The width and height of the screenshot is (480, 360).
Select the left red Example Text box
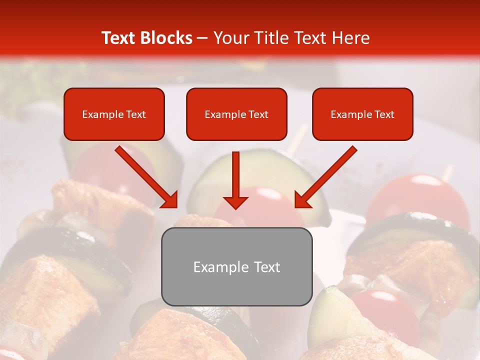pos(114,114)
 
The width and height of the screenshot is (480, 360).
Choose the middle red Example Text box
pos(236,114)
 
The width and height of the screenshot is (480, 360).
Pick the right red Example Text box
pos(362,114)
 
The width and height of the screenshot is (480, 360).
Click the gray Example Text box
pos(236,266)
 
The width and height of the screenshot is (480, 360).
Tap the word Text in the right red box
pos(384,114)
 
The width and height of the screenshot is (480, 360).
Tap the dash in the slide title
pos(202,38)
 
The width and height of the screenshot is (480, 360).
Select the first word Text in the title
pos(120,38)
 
